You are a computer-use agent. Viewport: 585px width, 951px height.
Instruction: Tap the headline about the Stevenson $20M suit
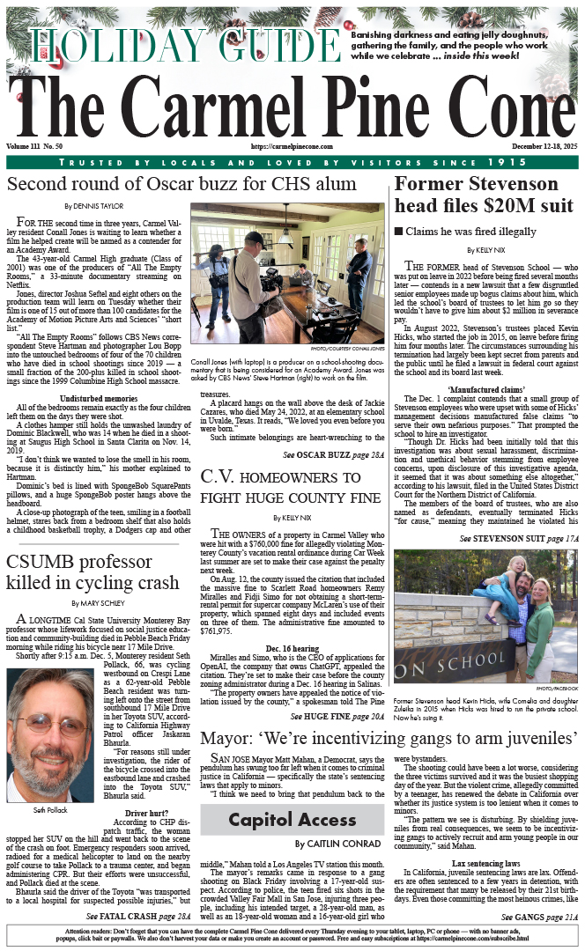(484, 195)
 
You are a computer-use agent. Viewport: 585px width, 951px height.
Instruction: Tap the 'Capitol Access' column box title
(279, 820)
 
